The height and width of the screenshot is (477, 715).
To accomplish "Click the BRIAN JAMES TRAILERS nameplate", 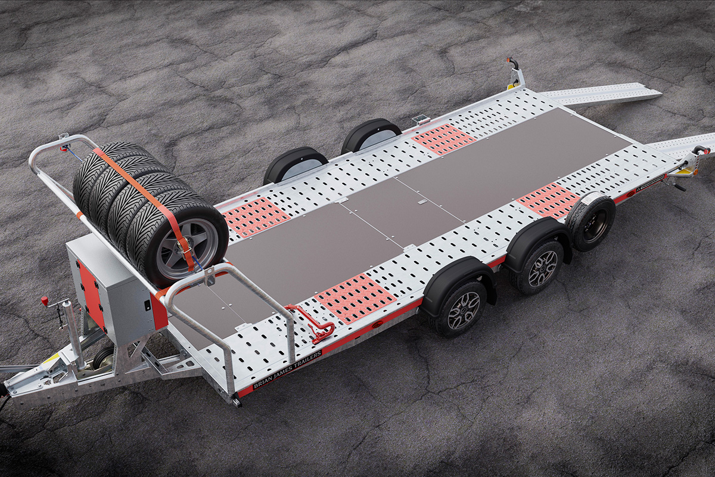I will pyautogui.click(x=287, y=370).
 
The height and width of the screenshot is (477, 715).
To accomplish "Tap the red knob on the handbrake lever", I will pyautogui.click(x=45, y=301).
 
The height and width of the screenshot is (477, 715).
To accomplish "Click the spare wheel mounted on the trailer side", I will pyautogui.click(x=590, y=221).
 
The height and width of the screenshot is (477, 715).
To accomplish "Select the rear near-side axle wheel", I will pyautogui.click(x=538, y=267).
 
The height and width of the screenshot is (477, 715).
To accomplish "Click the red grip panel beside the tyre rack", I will pyautogui.click(x=256, y=216).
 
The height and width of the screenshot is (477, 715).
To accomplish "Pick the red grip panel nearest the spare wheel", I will pyautogui.click(x=548, y=200).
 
